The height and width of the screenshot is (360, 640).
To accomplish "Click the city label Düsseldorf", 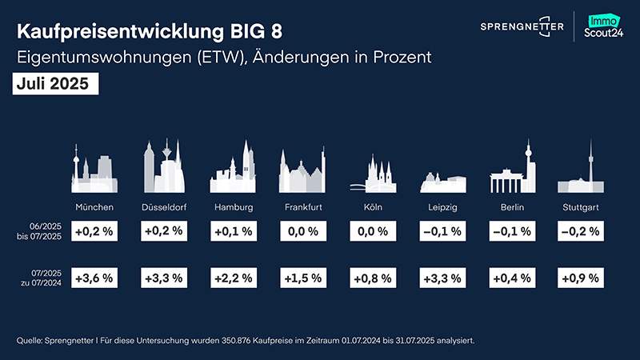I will coord(164,207).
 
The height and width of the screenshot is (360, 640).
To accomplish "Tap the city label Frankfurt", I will coord(304,207).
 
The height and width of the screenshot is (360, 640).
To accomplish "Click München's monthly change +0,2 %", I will coord(94,231).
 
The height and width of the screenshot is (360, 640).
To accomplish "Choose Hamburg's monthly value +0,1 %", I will coord(234,231).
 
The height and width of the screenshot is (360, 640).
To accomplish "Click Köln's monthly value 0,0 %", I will coord(373,231).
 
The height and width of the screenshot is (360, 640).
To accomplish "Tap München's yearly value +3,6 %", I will coord(94,278).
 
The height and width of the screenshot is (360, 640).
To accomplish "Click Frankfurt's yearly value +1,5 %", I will coord(303,278).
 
